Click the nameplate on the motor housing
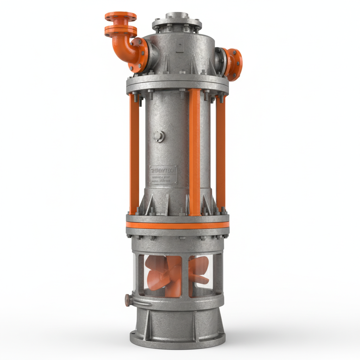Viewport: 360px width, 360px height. [x=163, y=175]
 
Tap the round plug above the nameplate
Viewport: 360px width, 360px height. [x=159, y=136]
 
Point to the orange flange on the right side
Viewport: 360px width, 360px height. [x=234, y=64]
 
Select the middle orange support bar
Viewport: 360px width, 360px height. [x=194, y=151]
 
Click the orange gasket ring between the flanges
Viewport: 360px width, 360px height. [x=178, y=225]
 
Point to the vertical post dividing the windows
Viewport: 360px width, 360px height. [x=185, y=276]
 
